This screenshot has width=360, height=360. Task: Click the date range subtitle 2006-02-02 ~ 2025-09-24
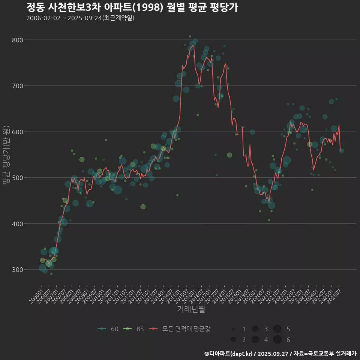pyautogui.click(x=80, y=18)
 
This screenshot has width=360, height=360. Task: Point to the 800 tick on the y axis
pyautogui.click(x=18, y=40)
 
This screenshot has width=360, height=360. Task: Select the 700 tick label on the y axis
pyautogui.click(x=18, y=86)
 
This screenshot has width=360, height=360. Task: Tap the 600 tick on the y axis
pyautogui.click(x=18, y=132)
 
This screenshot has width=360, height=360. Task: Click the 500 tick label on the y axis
pyautogui.click(x=18, y=178)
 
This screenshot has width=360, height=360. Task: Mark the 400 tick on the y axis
pyautogui.click(x=18, y=224)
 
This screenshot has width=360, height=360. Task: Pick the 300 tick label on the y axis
pyautogui.click(x=18, y=270)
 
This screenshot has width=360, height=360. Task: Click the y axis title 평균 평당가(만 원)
pyautogui.click(x=6, y=155)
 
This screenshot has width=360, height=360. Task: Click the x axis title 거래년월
pyautogui.click(x=191, y=309)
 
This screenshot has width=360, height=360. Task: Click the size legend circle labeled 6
pyautogui.click(x=277, y=340)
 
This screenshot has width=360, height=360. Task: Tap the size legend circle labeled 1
pyautogui.click(x=233, y=329)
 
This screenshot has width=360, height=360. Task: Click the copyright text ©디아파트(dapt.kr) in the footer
pyautogui.click(x=229, y=354)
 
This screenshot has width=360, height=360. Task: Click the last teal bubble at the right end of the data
pyautogui.click(x=341, y=151)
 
